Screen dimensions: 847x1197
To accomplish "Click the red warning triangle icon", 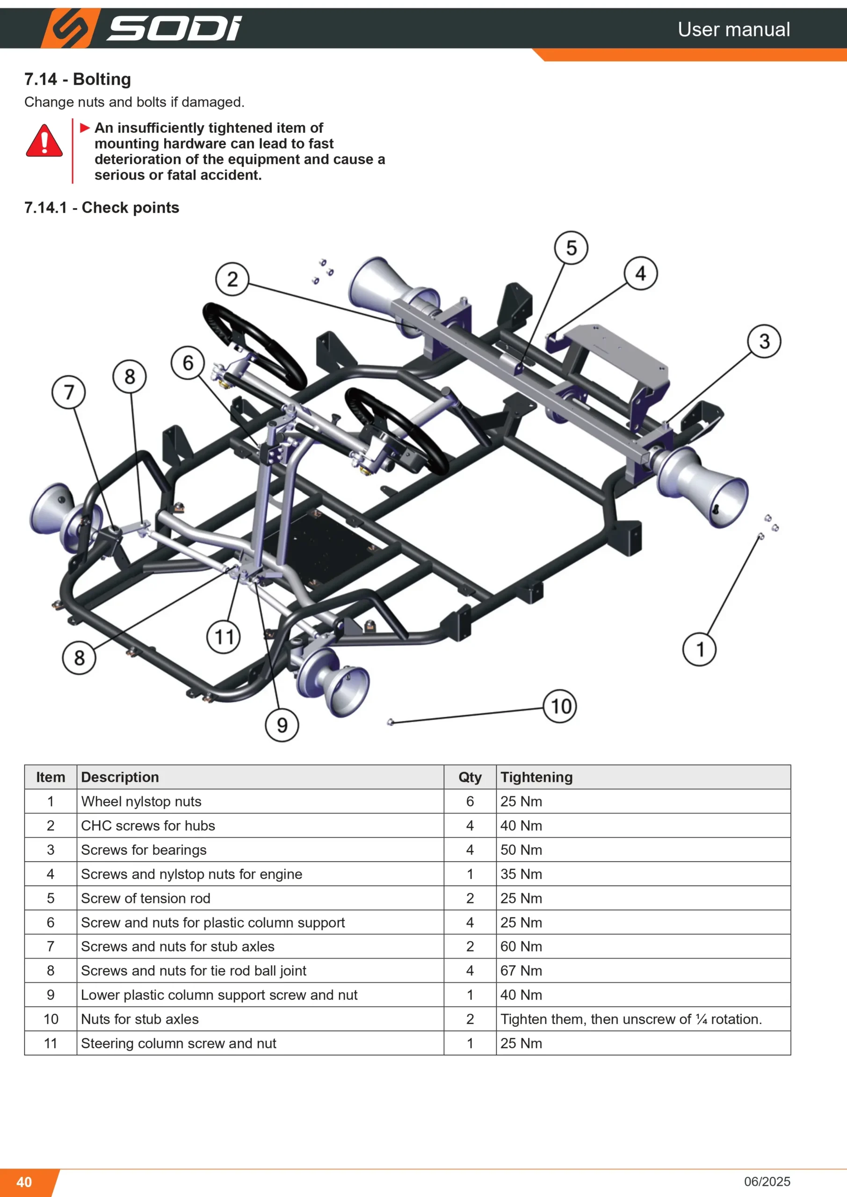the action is [x=44, y=141].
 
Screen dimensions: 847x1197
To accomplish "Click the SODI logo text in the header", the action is [x=174, y=28].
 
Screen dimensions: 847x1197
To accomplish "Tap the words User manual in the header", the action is [x=734, y=29].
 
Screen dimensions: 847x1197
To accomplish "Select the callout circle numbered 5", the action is [x=571, y=248].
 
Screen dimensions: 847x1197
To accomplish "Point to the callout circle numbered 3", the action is [x=764, y=341].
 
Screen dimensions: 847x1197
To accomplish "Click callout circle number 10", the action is [x=560, y=706].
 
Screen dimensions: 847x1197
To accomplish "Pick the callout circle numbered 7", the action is [x=69, y=392].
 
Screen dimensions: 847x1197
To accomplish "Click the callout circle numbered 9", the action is [x=282, y=725].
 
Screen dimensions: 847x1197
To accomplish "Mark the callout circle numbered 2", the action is [x=232, y=279].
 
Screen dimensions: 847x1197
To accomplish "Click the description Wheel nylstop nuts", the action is [x=141, y=801].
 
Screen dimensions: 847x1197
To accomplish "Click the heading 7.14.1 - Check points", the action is [x=101, y=208].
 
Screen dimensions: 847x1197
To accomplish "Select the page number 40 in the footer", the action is [x=24, y=1182].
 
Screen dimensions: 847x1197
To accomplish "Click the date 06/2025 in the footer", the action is [x=767, y=1182].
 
